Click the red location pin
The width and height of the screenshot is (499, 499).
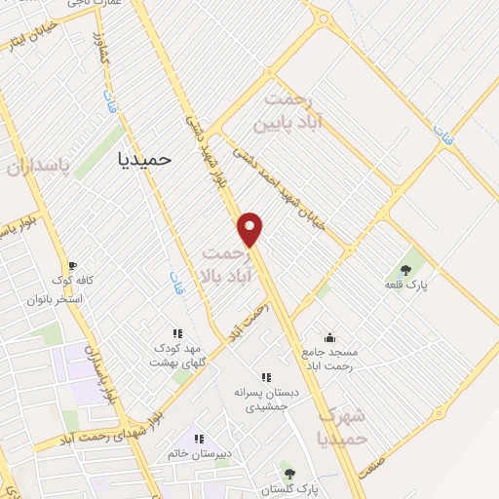pyautogui.click(x=250, y=229)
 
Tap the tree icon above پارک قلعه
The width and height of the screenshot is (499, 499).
pyautogui.click(x=405, y=270)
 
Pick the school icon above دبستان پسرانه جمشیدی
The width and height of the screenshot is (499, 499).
pyautogui.click(x=264, y=376)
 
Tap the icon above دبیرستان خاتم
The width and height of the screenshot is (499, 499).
pyautogui.click(x=200, y=439)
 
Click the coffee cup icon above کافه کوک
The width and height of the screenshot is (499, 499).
pyautogui.click(x=71, y=265)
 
